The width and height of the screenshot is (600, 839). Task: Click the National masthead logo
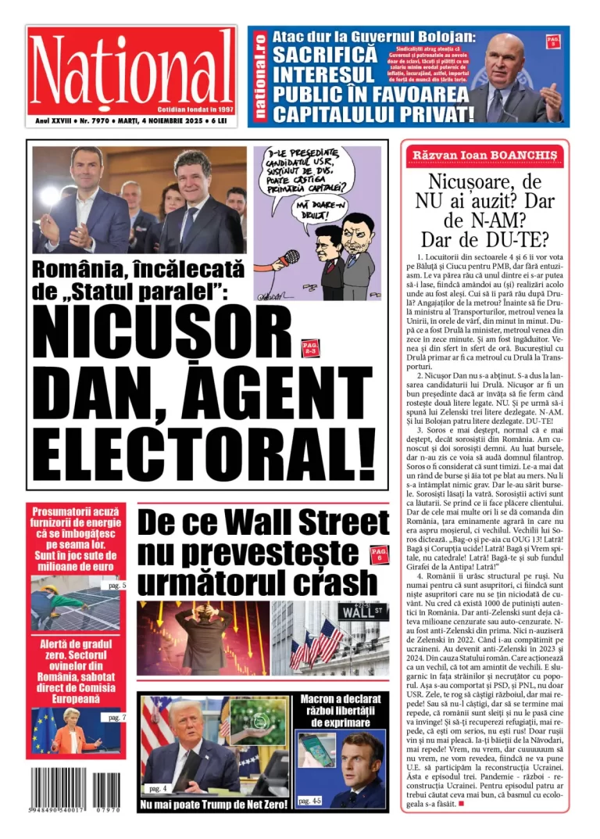tap(131, 69)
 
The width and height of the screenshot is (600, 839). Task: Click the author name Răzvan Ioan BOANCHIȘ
tap(484, 156)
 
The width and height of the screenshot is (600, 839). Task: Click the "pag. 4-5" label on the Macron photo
tap(310, 801)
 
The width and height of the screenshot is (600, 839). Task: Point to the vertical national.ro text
tap(260, 77)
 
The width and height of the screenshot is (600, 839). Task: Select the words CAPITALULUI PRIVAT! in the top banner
tap(373, 115)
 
